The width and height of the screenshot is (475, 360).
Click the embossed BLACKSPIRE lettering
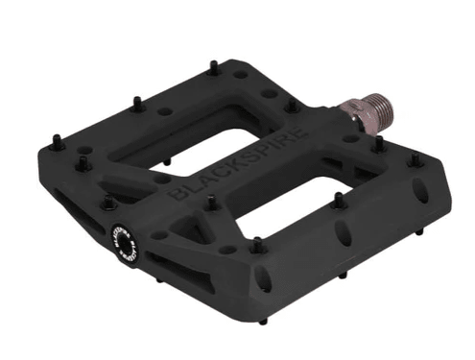pos(233,161)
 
